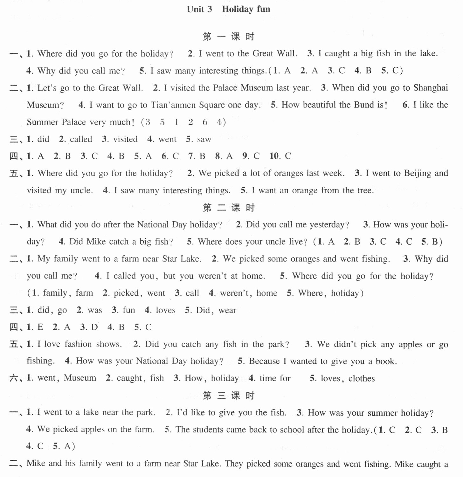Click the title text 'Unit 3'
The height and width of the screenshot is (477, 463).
point(199,9)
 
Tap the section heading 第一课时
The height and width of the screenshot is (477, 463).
point(229,37)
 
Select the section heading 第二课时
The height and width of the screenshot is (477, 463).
point(229,208)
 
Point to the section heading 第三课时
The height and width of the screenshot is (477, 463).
point(229,396)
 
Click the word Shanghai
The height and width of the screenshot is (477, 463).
point(431,88)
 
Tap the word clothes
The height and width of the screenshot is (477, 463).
point(362,378)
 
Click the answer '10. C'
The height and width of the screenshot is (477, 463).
point(280,156)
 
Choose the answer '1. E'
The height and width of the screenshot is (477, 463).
point(35,327)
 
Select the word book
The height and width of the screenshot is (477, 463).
point(386,361)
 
